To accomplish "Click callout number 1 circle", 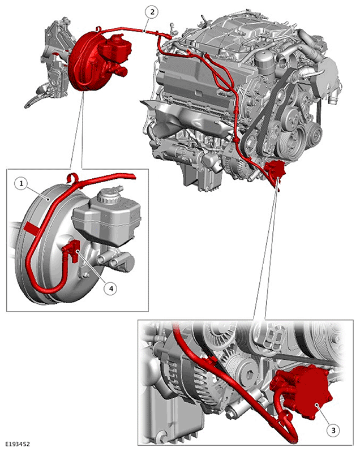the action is [x=22, y=183].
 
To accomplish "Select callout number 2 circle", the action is [x=152, y=12].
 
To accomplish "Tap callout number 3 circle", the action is [x=333, y=431].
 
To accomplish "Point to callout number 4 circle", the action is [x=111, y=288].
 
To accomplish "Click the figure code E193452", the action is [x=18, y=444].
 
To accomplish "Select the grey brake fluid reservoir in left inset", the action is [x=107, y=219].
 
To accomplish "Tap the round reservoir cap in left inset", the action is [x=108, y=197].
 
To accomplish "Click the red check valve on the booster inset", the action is [x=72, y=249].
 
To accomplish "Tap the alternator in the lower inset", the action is [x=185, y=372].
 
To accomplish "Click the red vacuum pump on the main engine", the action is [x=276, y=171].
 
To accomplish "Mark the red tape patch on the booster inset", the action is [x=32, y=228].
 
